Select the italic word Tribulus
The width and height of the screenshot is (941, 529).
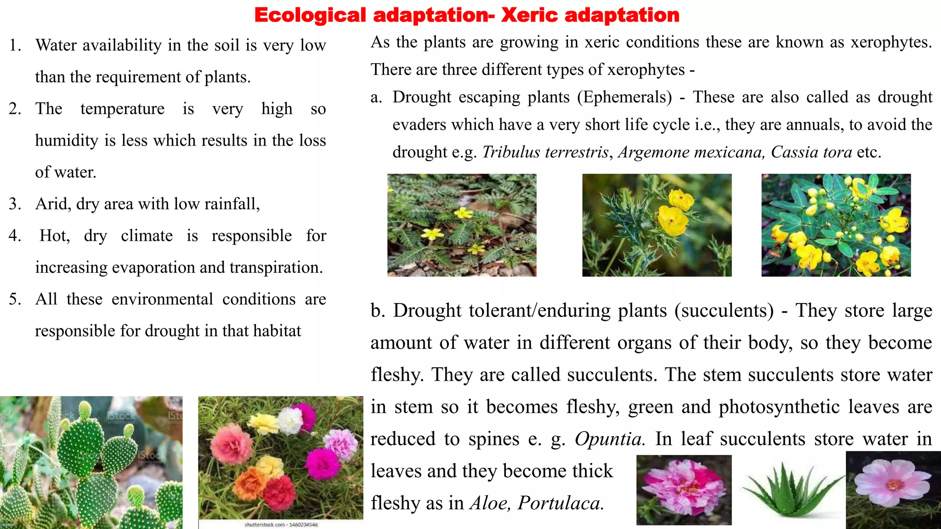click(x=510, y=152)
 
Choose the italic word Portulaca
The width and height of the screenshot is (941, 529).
click(x=561, y=503)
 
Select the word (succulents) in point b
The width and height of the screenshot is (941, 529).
click(x=724, y=311)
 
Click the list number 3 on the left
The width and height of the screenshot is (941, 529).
click(x=15, y=204)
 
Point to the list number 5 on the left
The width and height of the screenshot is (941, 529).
click(x=15, y=299)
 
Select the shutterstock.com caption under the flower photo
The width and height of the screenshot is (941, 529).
click(x=281, y=524)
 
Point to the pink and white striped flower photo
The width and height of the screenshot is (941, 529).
click(x=684, y=490)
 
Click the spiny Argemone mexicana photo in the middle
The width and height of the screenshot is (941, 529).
click(x=657, y=225)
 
